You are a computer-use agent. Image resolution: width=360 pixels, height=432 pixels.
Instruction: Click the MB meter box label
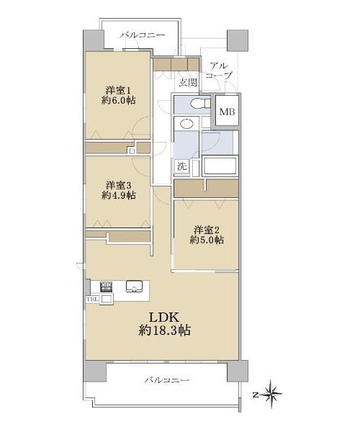tap(228, 112)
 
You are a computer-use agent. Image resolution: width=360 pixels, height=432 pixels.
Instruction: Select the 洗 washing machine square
tap(181, 166)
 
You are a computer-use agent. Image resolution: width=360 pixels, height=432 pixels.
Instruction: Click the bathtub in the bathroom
tap(220, 166)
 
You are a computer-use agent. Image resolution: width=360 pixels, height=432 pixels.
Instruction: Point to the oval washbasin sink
tap(186, 123)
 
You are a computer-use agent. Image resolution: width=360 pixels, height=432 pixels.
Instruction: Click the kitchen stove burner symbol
tap(106, 287)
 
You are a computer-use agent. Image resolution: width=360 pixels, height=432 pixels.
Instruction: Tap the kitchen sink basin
tap(134, 287)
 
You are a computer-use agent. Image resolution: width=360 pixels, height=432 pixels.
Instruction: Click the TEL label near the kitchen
tap(92, 300)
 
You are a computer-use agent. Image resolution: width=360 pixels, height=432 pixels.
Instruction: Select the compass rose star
tap(271, 395)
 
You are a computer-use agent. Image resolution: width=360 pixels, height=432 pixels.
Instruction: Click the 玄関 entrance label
tap(188, 82)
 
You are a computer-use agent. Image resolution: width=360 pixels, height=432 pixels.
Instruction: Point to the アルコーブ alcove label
tap(220, 71)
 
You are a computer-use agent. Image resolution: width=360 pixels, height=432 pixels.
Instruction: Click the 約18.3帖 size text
tap(164, 330)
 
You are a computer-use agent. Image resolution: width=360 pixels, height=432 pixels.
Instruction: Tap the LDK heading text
tap(164, 317)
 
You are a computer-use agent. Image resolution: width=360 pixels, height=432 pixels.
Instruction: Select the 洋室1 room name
tap(118, 90)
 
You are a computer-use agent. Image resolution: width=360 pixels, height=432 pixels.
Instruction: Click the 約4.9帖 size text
tap(118, 195)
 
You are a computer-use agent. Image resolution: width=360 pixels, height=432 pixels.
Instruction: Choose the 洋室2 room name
tap(207, 229)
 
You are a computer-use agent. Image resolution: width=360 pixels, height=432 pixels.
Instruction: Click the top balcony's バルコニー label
tap(143, 35)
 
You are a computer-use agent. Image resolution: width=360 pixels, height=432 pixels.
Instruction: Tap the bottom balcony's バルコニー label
tap(167, 380)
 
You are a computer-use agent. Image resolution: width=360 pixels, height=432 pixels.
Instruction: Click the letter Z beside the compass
tap(256, 395)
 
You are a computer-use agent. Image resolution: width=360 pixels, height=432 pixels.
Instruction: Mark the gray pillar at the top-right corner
tap(238, 40)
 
